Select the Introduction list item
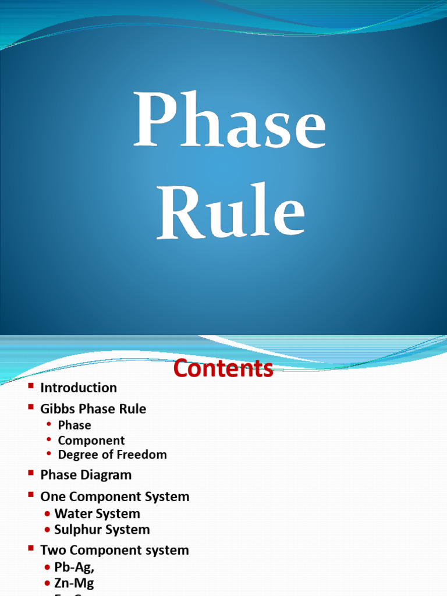tap(79, 388)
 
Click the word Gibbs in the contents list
tap(56, 409)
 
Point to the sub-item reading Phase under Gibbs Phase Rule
tap(74, 425)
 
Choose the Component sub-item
tap(91, 441)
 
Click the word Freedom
tap(142, 455)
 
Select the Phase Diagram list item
tap(86, 475)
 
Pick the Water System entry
tap(97, 514)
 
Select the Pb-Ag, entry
tap(74, 567)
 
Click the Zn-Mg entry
tap(74, 583)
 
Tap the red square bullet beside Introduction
tap(31, 386)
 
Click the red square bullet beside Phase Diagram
tap(31, 473)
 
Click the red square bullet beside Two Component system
tap(31, 548)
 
